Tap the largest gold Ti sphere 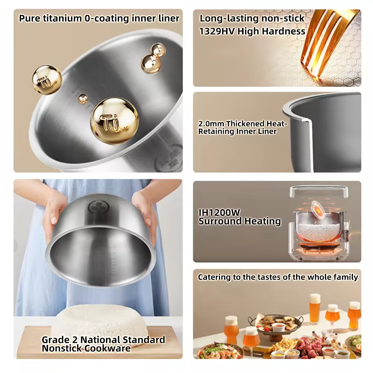tap(115, 121)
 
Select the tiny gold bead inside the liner tap(83, 98)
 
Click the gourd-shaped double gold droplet tap(153, 58)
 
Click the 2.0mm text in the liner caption tap(211, 124)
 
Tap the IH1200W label tap(219, 213)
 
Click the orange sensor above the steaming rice tap(319, 209)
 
